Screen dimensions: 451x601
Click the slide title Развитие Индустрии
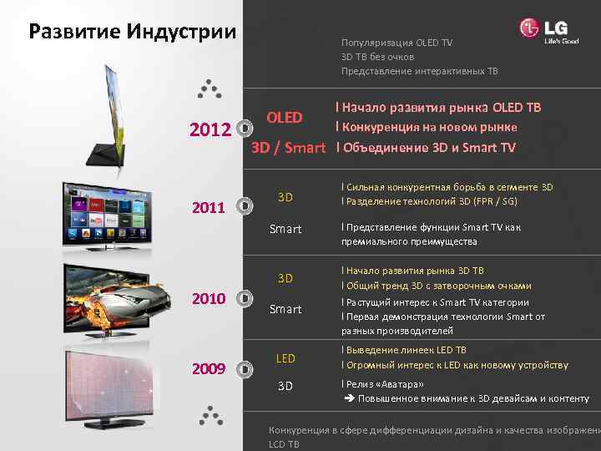[133, 33]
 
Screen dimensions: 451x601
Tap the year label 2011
[209, 206]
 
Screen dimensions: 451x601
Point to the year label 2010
[209, 298]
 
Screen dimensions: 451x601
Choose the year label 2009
[209, 367]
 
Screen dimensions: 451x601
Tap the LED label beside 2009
[285, 358]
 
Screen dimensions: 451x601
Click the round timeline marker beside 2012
[243, 129]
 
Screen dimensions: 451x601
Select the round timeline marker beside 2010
[243, 297]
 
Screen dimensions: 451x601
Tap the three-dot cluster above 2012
[209, 88]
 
